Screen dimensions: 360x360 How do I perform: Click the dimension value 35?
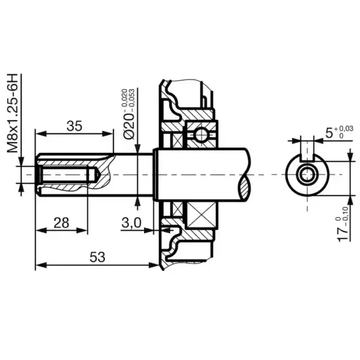click(74, 126)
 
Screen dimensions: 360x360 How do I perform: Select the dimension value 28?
click(60, 223)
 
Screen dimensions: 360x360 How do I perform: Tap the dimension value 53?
click(97, 257)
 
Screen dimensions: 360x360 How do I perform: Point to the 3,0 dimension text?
click(131, 223)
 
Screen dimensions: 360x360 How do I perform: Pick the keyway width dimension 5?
click(328, 133)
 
